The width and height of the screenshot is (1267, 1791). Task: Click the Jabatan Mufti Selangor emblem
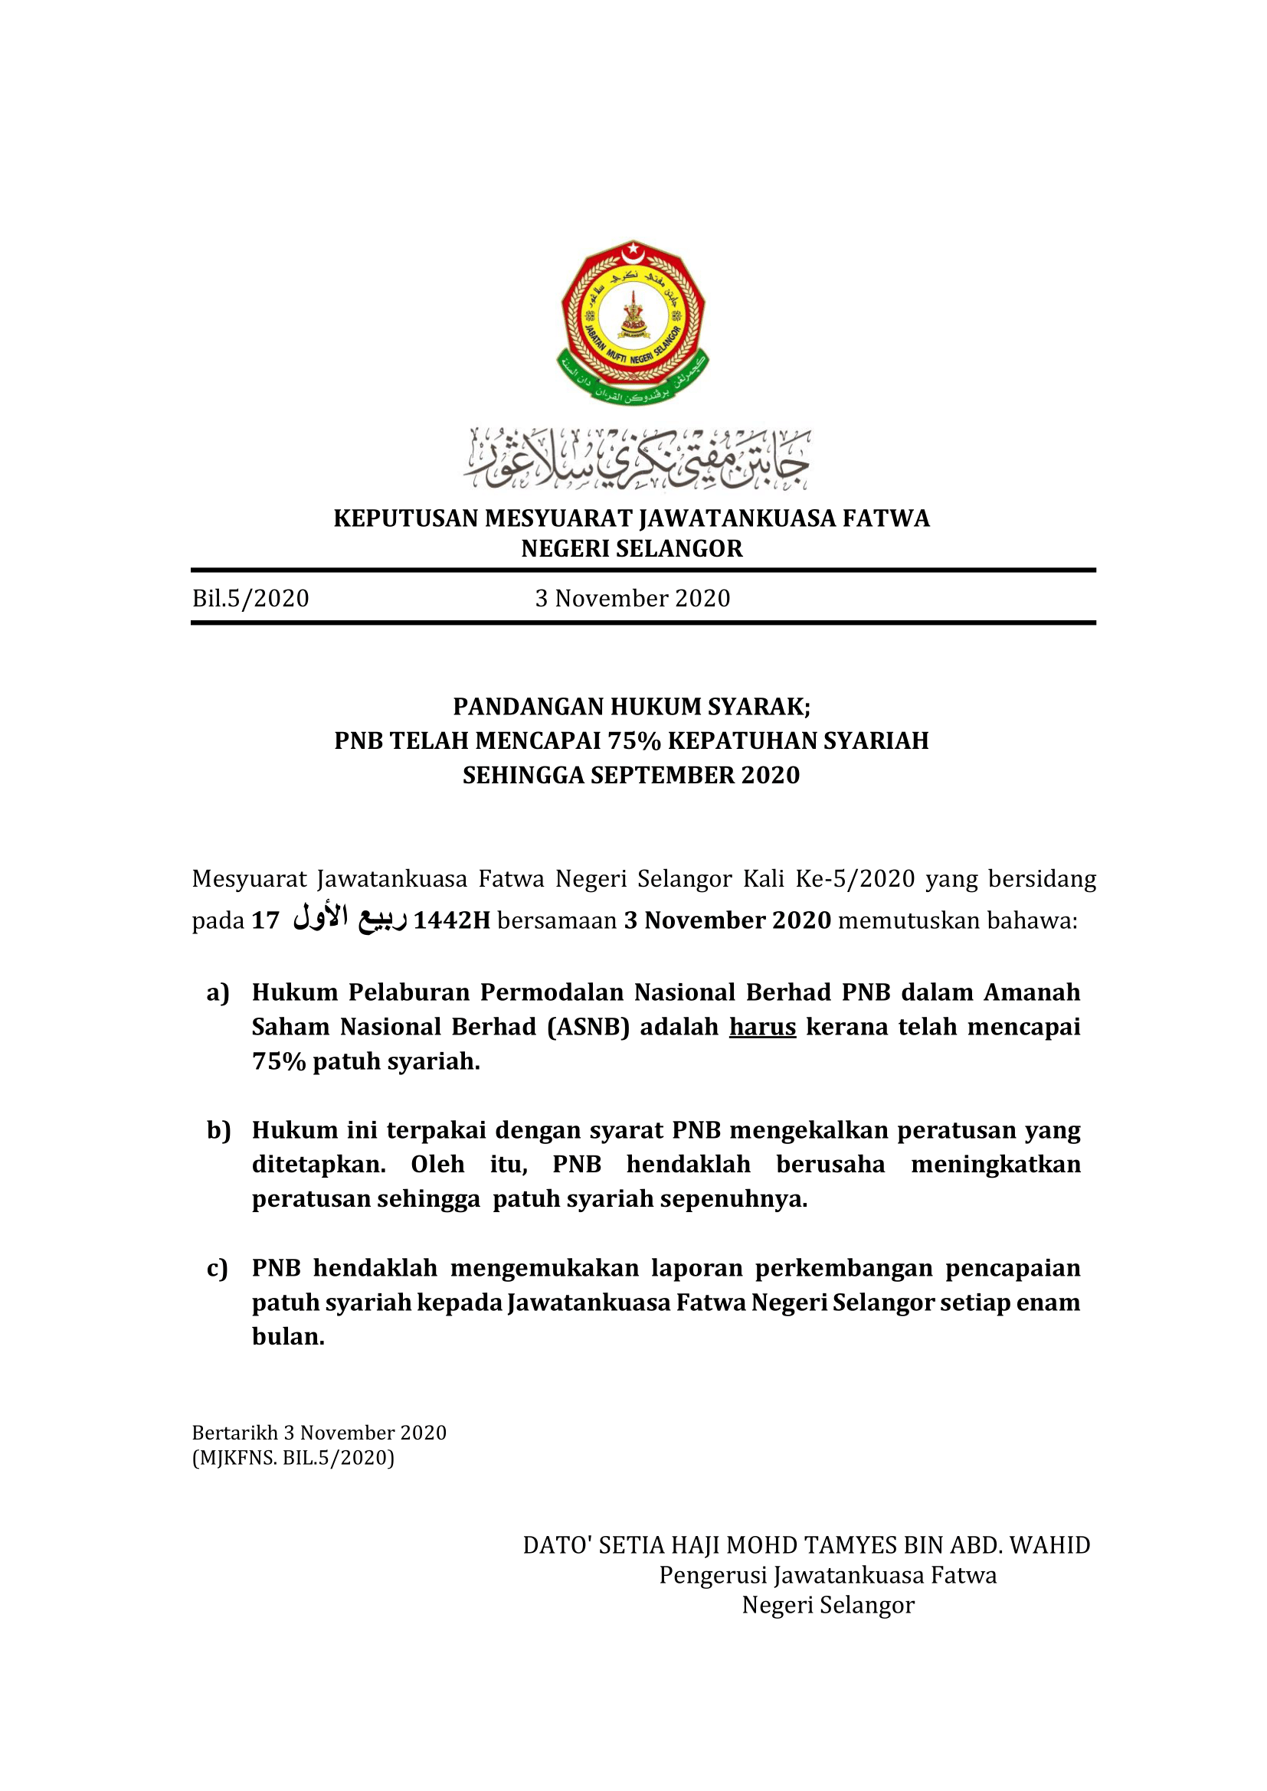click(633, 322)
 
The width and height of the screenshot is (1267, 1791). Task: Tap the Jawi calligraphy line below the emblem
click(637, 459)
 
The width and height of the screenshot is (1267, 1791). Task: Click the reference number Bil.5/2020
click(250, 598)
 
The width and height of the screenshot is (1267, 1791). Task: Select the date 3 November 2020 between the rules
click(632, 598)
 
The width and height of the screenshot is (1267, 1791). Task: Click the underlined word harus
click(762, 1027)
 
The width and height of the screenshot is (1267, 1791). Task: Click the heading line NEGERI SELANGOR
click(632, 549)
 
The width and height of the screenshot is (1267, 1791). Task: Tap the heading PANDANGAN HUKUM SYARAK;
click(632, 707)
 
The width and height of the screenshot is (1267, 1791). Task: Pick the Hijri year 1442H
click(452, 920)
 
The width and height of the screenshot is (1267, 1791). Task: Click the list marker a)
click(218, 992)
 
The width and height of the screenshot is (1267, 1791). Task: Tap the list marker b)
click(218, 1130)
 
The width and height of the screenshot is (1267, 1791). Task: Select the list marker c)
click(218, 1268)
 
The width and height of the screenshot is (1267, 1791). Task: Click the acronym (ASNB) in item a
click(588, 1027)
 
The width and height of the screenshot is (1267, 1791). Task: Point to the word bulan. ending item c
click(288, 1337)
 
